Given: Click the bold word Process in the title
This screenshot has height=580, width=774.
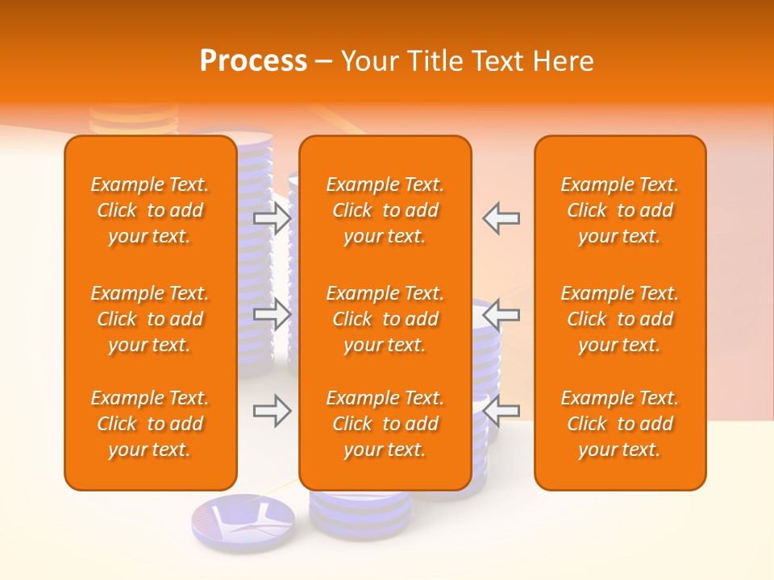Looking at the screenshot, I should [253, 61].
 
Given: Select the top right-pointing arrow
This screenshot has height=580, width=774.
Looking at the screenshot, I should [273, 217].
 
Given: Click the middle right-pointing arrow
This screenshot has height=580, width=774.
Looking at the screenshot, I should [273, 314].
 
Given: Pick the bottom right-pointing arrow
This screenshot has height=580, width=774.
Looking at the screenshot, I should [273, 411].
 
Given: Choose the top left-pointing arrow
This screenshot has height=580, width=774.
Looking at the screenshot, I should [501, 217].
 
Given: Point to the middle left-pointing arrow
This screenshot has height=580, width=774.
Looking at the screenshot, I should [501, 314].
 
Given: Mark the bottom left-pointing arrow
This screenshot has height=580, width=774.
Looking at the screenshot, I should [501, 411].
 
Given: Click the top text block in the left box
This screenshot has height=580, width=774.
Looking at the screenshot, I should [150, 210].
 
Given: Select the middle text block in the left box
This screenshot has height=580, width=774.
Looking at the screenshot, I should [150, 319].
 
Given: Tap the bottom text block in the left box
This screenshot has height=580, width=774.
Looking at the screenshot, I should [150, 424].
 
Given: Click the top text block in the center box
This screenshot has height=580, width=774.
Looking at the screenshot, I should [385, 210].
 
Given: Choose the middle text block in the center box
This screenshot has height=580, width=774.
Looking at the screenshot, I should [385, 319].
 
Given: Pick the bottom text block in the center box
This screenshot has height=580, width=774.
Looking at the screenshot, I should [385, 424].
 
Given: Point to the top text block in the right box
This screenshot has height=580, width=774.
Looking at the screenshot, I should [619, 210].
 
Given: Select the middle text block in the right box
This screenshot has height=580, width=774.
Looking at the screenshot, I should [619, 319].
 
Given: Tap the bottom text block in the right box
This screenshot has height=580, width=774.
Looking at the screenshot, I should [619, 424].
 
